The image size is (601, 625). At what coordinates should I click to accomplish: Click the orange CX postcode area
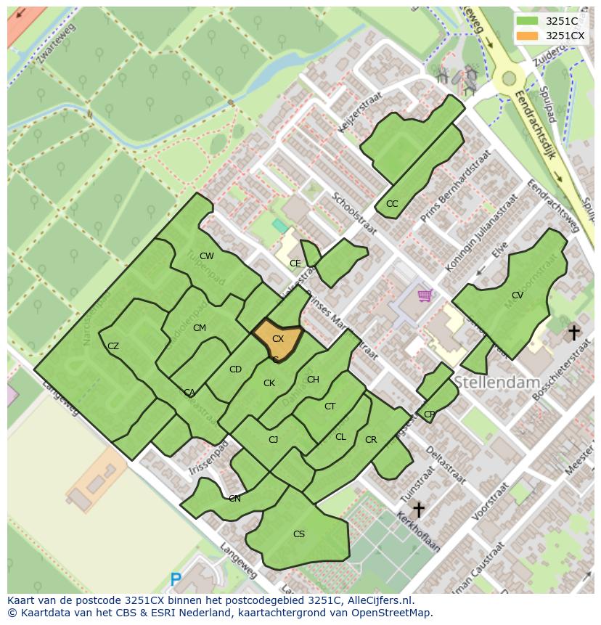277,340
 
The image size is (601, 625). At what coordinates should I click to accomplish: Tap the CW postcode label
207,256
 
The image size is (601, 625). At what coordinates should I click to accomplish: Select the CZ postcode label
113,346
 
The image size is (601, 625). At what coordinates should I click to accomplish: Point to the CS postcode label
299,534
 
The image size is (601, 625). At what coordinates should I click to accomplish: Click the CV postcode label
517,295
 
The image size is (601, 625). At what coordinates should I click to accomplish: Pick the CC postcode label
392,204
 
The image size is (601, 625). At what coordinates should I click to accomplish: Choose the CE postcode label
295,264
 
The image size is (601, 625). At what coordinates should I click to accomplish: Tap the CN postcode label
234,499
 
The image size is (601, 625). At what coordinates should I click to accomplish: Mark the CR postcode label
371,440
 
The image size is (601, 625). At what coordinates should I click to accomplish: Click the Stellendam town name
497,382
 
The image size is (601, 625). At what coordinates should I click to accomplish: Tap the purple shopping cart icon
425,295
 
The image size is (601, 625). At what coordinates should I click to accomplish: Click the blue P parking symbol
176,579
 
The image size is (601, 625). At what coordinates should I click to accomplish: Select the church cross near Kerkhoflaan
418,509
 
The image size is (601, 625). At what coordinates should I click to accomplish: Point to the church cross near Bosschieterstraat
573,333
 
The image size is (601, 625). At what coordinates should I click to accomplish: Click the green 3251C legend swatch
527,21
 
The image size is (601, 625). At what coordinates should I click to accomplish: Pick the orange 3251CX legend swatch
527,36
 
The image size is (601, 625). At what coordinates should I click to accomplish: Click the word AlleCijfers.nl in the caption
377,601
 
